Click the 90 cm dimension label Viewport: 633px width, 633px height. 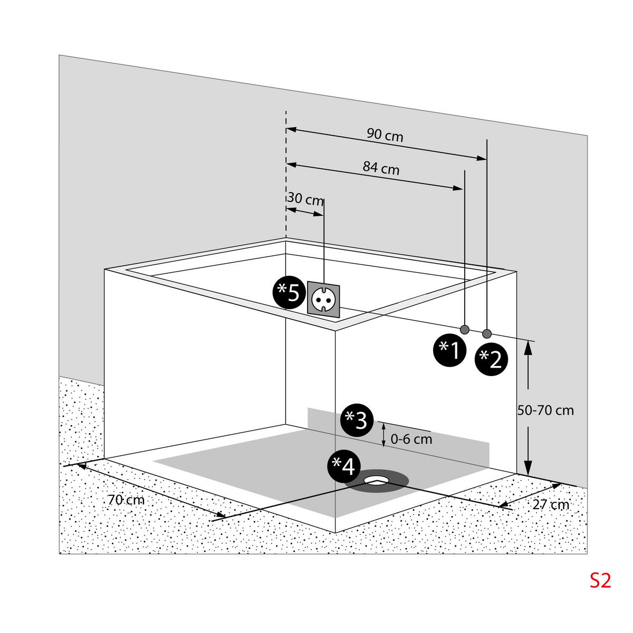pyautogui.click(x=385, y=135)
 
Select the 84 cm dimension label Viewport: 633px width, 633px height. pyautogui.click(x=381, y=168)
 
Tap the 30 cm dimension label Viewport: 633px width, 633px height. pyautogui.click(x=306, y=200)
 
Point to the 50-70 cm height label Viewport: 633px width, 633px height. pyautogui.click(x=545, y=410)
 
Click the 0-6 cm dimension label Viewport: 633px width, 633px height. pyautogui.click(x=411, y=438)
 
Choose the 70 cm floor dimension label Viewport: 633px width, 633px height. pyautogui.click(x=126, y=500)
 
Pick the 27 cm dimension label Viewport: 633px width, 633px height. pyautogui.click(x=551, y=504)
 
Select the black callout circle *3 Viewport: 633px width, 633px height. pyautogui.click(x=357, y=420)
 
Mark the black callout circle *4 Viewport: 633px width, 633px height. pyautogui.click(x=343, y=466)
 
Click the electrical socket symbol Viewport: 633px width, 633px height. pyautogui.click(x=322, y=299)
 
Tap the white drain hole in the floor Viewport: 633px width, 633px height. pyautogui.click(x=376, y=480)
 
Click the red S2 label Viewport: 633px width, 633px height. pyautogui.click(x=600, y=580)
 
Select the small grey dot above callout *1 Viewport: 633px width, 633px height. pyautogui.click(x=465, y=330)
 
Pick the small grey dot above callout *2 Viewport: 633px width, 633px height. pyautogui.click(x=487, y=333)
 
